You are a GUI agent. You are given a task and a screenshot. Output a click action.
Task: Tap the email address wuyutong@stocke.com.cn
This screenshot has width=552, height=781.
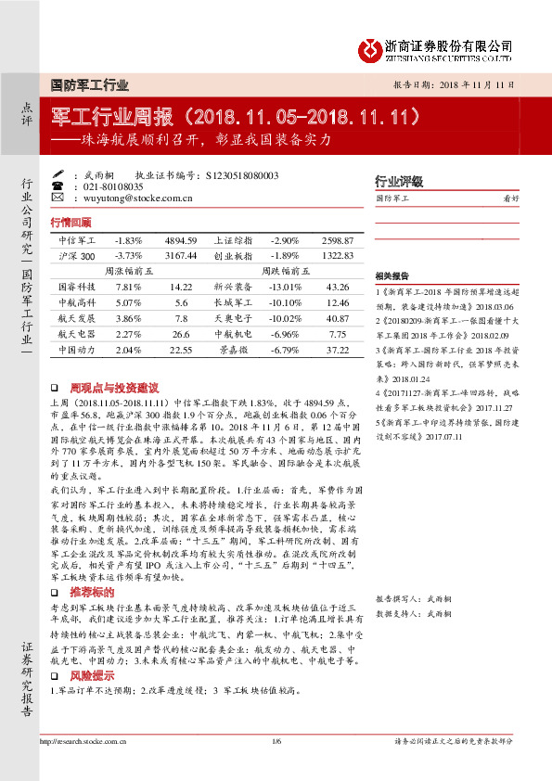click(137, 197)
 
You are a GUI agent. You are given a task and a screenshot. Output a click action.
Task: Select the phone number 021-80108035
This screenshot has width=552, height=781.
click(114, 186)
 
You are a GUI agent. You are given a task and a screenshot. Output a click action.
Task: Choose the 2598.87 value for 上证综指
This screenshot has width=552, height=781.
click(337, 239)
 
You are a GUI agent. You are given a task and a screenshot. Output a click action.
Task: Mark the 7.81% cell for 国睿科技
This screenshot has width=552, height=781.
click(128, 287)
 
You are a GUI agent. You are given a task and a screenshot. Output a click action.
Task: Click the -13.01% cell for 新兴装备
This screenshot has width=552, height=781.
click(284, 287)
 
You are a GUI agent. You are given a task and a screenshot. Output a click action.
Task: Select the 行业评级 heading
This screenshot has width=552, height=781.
click(398, 181)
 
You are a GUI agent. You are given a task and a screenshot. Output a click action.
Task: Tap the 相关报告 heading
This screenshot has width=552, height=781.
click(393, 276)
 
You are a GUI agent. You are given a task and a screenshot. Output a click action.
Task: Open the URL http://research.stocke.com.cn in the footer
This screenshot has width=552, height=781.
click(81, 740)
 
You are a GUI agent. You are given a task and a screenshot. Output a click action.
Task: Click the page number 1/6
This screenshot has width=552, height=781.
click(276, 740)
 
